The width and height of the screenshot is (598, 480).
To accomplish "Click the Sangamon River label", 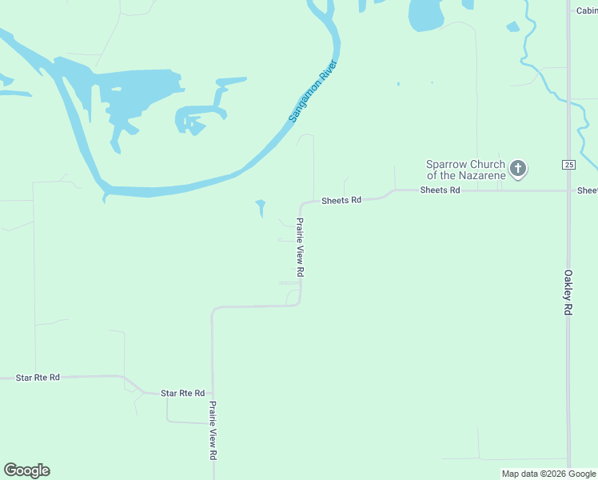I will point(313,92).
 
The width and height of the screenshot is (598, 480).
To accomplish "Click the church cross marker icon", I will point(518,169).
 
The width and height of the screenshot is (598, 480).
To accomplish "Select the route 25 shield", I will point(568,165).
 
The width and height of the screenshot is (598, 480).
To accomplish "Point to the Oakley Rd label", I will point(568,291).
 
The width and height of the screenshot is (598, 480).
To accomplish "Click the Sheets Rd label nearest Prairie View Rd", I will point(341,201).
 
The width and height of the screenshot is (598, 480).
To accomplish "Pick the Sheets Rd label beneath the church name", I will point(440,190).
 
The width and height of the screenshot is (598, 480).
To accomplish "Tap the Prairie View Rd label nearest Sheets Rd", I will point(301,248).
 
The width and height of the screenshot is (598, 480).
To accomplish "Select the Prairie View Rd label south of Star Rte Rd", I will point(213,430).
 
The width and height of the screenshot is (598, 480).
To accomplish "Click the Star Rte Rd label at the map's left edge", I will point(38,377).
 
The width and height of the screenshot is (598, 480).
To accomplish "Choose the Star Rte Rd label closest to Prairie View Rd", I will point(182,393).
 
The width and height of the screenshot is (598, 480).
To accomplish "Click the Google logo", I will point(26,470).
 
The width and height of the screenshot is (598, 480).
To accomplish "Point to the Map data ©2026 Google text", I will point(548,474).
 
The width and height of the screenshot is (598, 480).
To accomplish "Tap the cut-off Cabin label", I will point(587,10).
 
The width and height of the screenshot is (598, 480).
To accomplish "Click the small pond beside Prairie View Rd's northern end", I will point(260,207).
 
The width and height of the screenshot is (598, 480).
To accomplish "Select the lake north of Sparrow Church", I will point(425,14).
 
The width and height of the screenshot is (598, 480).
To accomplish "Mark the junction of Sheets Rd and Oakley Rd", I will point(568,190).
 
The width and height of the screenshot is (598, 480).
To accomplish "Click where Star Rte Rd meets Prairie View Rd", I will point(212,395).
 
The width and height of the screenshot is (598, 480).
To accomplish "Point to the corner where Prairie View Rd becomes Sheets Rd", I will point(302,203).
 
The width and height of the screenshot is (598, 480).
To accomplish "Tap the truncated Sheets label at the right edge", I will point(588,190).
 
